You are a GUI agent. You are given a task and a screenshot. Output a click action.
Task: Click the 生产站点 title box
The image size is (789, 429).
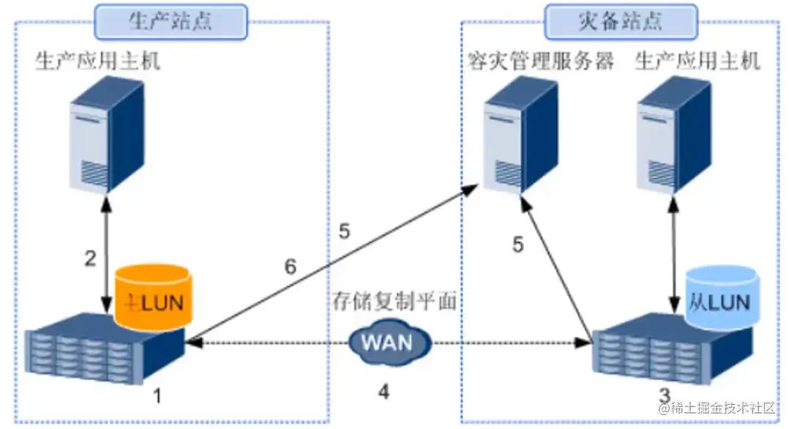[171, 21]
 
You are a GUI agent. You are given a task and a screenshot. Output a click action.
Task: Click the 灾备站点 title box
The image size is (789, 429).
[621, 21]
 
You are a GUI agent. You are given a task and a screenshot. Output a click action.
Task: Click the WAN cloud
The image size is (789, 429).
[386, 342]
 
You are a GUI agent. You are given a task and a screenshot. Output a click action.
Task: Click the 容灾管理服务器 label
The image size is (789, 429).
[541, 61]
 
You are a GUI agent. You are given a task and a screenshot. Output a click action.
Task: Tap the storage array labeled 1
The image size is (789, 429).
[102, 348]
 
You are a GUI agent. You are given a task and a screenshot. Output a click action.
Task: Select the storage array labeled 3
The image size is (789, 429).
[670, 350]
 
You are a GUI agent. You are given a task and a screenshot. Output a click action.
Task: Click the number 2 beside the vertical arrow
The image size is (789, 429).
[90, 258]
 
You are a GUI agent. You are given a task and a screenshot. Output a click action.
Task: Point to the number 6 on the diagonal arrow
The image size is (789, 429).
[291, 266]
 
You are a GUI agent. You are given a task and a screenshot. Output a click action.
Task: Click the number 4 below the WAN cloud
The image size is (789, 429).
[384, 392]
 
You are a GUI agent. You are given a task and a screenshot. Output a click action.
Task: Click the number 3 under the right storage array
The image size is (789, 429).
[664, 396]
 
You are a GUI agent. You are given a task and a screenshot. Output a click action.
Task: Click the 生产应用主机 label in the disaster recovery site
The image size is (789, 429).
[698, 61]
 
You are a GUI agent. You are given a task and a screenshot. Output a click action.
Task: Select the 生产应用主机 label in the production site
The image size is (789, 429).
[97, 61]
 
